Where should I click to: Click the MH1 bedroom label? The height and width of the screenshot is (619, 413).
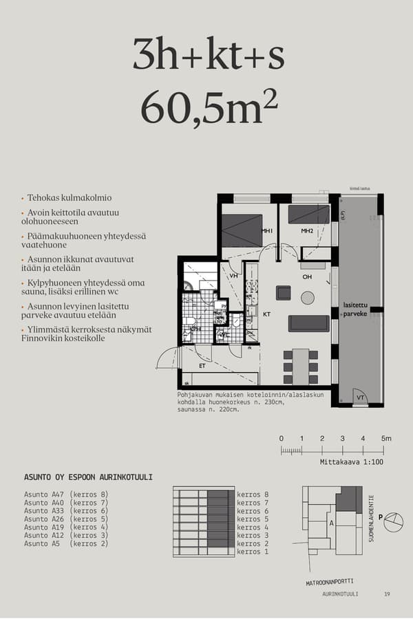[267, 231]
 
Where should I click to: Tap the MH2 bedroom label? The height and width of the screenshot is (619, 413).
[307, 231]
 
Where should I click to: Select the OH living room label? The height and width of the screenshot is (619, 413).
[307, 277]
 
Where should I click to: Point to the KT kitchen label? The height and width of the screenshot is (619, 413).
[267, 314]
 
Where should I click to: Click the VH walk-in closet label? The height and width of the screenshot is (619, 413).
[233, 276]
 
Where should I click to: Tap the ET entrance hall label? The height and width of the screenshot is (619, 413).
[202, 367]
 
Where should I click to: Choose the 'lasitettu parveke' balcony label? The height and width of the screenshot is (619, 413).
[357, 309]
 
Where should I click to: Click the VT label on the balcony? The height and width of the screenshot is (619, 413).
[359, 398]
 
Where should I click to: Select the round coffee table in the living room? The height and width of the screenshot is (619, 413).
[308, 298]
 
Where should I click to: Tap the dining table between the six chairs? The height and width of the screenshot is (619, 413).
[300, 368]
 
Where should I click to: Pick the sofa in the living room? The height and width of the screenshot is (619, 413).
[308, 323]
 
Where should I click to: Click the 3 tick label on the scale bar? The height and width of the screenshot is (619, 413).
[342, 439]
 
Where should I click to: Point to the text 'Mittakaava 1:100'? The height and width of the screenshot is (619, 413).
[352, 462]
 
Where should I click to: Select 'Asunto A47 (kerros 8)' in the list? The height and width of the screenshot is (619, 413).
[66, 495]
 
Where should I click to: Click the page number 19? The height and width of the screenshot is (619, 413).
[387, 594]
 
